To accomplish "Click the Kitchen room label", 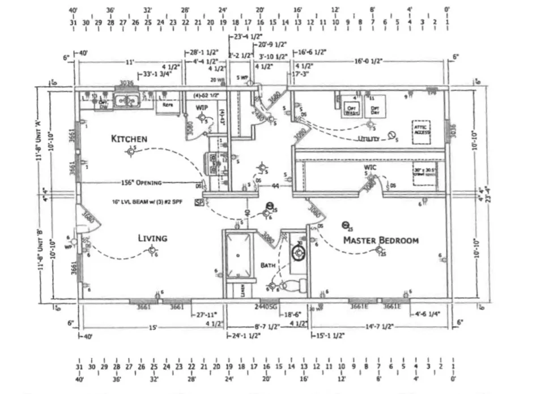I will [129, 139].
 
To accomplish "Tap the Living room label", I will [152, 238].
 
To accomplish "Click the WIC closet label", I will [371, 168].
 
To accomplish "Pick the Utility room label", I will [368, 139].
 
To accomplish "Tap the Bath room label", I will [268, 265].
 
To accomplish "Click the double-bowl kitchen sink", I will [127, 101].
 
